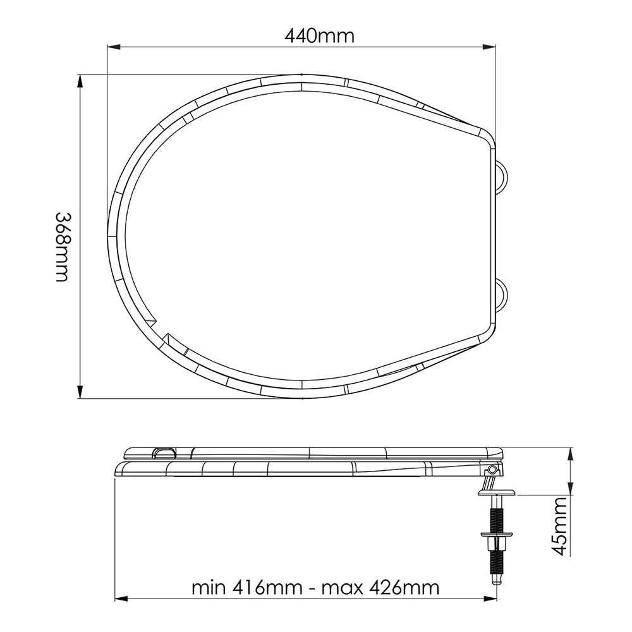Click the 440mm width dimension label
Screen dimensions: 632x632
(319, 36)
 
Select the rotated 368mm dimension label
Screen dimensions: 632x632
(61, 246)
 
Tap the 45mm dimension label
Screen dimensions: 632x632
(559, 526)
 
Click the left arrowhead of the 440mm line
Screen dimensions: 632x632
(111, 47)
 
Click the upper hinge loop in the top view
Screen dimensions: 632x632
(502, 174)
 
